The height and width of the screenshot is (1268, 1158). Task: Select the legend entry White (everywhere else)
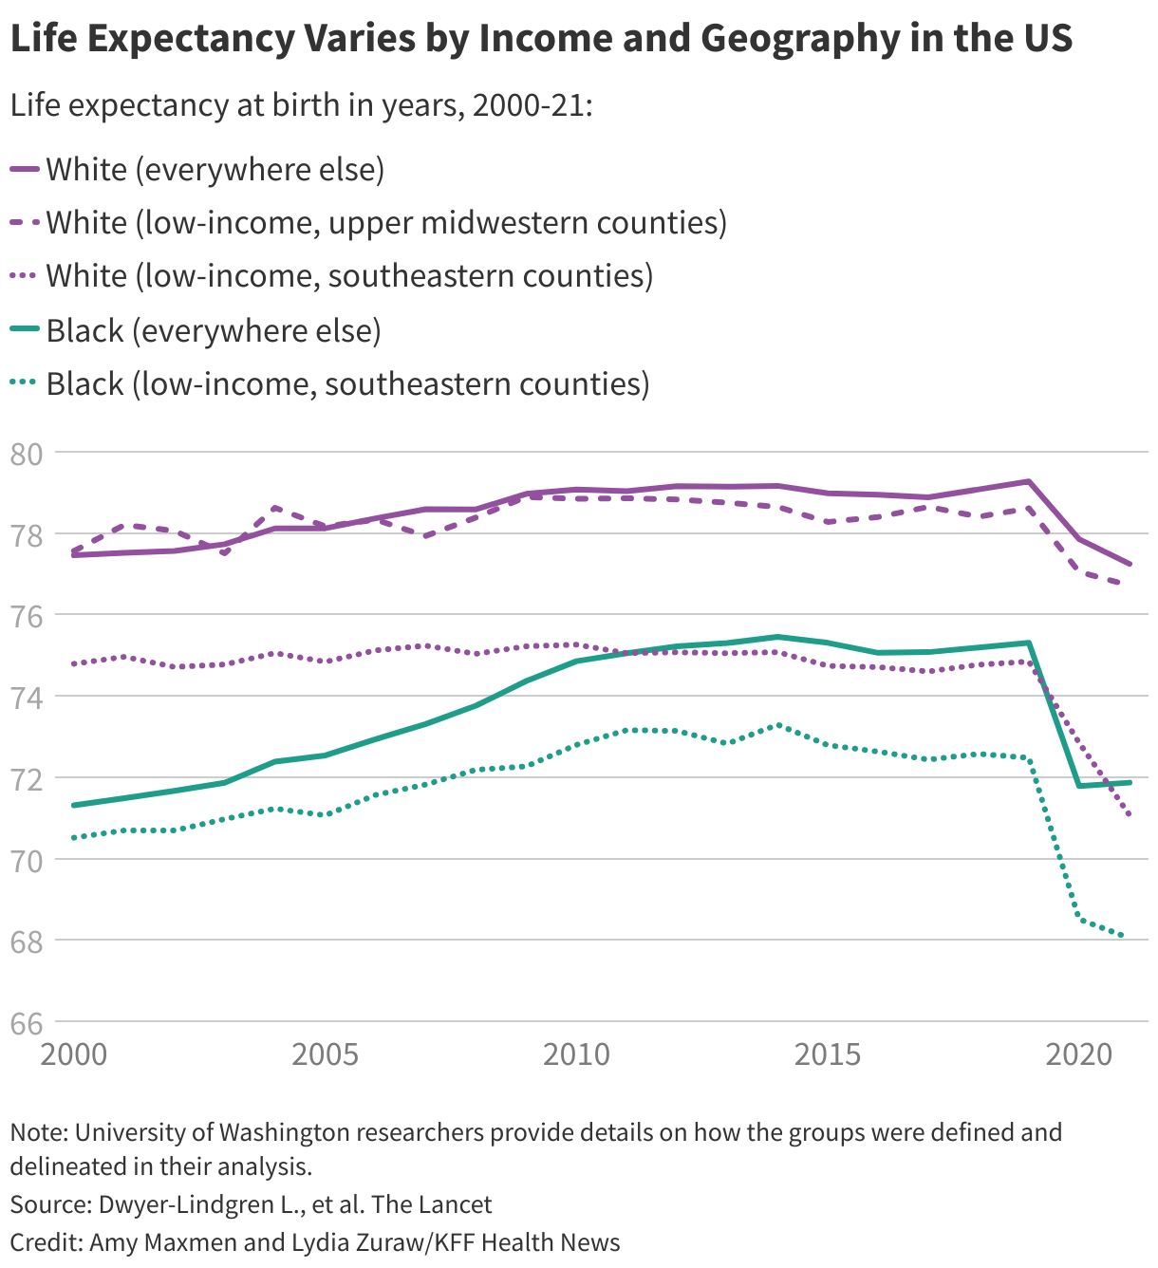pos(215,170)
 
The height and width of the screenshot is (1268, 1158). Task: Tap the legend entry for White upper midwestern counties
pos(385,223)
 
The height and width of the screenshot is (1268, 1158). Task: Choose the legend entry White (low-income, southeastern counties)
pos(348,276)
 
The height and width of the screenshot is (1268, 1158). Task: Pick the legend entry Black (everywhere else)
pos(213,331)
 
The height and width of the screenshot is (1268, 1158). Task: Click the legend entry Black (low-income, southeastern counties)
pos(347,384)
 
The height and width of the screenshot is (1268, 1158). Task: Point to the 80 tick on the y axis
pos(26,454)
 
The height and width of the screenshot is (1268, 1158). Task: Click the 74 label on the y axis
pos(26,698)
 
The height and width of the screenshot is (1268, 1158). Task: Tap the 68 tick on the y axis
pos(26,942)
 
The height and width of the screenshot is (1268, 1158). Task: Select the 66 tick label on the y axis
pos(26,1023)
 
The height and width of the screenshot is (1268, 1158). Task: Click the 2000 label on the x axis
pos(74,1054)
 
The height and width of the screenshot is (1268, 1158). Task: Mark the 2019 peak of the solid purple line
pos(1029,481)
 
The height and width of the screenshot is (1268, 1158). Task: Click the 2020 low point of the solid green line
pos(1079,786)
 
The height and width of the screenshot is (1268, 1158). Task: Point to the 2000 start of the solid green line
pos(74,805)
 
